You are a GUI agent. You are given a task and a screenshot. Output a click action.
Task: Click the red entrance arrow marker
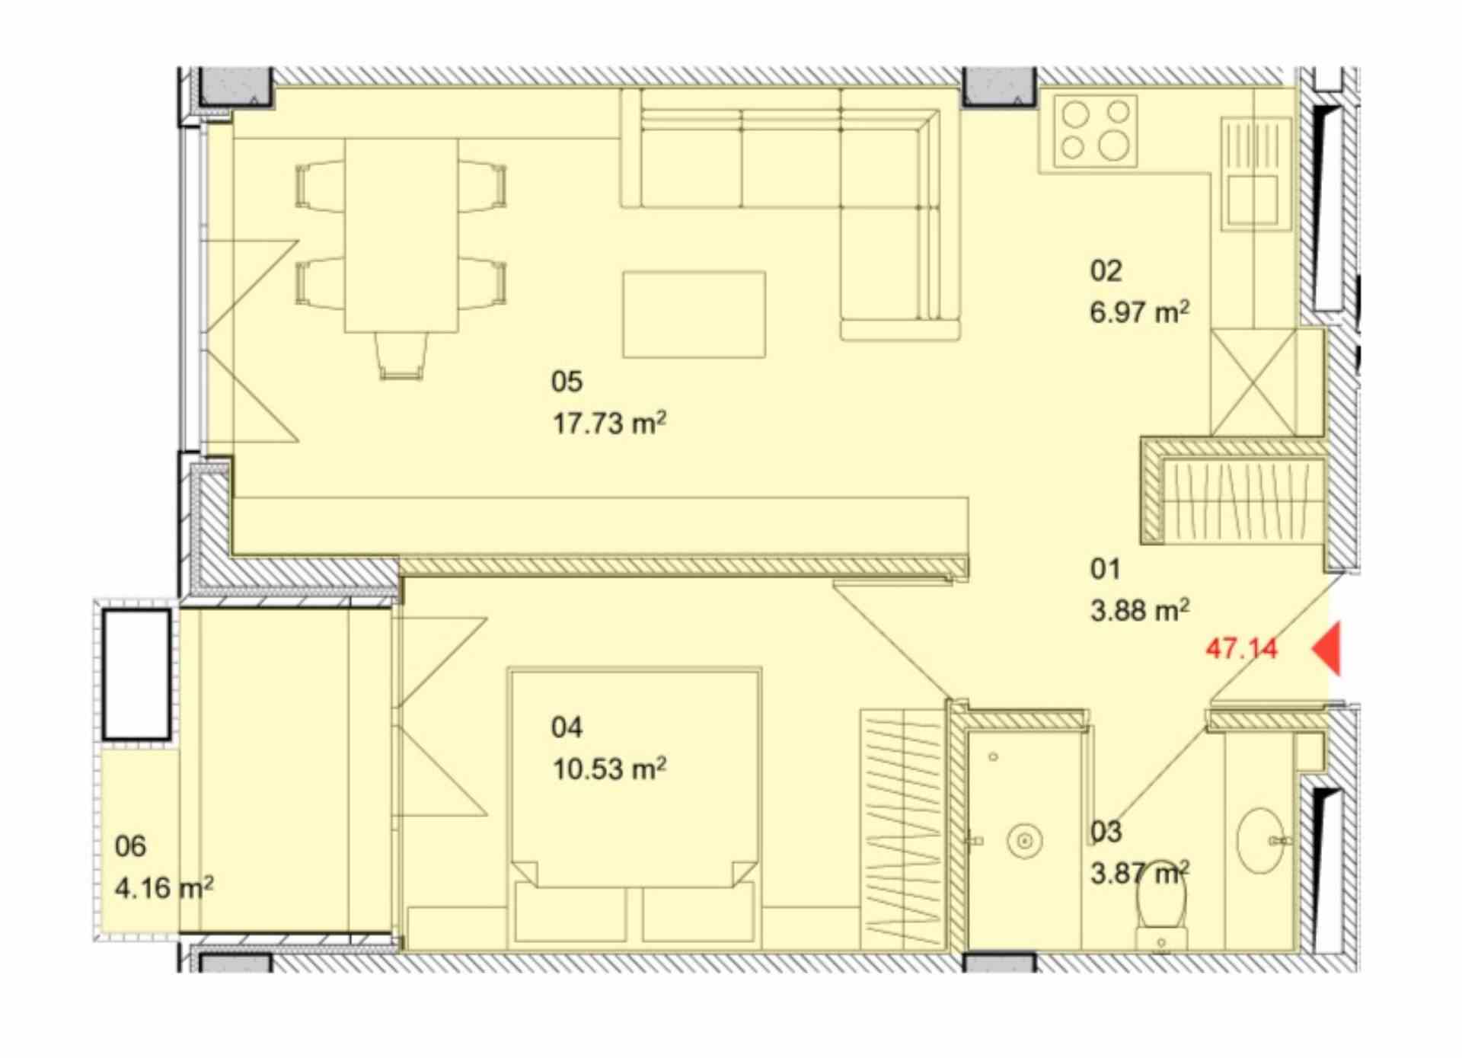pos(1326,648)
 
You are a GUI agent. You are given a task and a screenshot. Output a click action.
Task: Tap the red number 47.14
pos(1242,649)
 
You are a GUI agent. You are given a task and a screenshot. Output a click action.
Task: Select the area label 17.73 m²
pos(609,423)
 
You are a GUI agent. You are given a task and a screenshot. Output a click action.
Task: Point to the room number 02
pos(1106,270)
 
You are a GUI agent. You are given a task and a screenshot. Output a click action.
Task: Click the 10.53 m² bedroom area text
pos(609,769)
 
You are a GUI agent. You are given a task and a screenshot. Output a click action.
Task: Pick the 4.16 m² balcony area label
pos(164,887)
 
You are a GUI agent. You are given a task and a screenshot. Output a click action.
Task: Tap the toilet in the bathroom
pos(1161,906)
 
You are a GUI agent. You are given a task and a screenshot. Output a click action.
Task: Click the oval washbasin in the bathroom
pos(1261,841)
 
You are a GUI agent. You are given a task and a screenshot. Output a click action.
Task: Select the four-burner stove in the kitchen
pos(1096,131)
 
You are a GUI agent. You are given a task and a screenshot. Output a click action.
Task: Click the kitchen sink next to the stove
pos(1256,174)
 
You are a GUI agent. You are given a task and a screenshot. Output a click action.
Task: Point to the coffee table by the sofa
pos(694,315)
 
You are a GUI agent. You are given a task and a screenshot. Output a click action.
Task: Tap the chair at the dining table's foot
pos(401,356)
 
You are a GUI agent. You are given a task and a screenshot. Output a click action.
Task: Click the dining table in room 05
pos(401,235)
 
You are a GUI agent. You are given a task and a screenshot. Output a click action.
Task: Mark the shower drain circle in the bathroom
pos(1023,842)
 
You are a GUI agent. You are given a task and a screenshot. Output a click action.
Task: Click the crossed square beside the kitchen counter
pos(1253,382)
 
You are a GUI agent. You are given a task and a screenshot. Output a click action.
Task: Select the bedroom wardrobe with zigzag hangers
pos(903,829)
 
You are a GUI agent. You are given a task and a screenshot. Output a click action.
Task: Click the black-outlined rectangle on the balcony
pos(137,674)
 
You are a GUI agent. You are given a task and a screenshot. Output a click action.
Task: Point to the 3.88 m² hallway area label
pos(1140,610)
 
